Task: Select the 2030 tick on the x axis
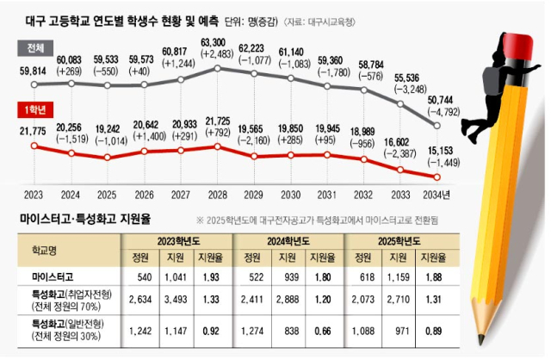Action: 292,195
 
